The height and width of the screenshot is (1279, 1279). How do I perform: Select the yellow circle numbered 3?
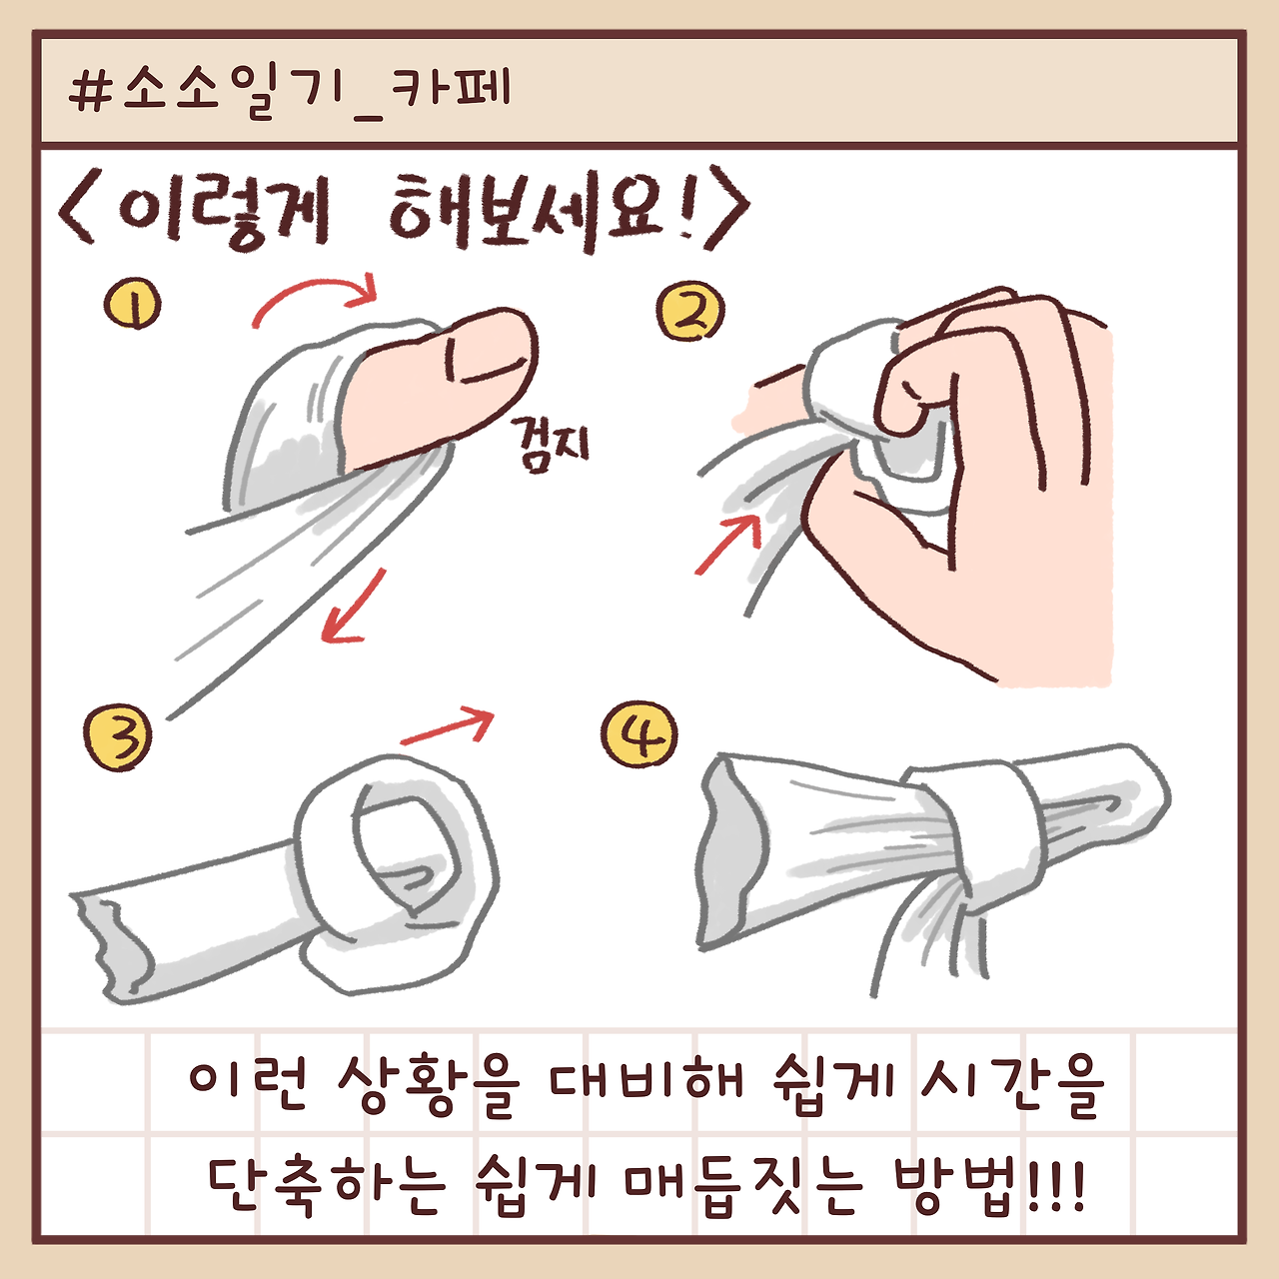coord(118,737)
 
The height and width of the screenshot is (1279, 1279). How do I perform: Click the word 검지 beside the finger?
coord(552,444)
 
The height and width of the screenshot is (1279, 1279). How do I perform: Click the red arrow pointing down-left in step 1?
coord(354,608)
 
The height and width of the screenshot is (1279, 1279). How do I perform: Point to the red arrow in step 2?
coord(727,546)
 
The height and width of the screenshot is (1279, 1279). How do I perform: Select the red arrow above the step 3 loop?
coord(449,725)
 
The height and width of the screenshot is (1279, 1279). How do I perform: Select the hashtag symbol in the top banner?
coord(91,91)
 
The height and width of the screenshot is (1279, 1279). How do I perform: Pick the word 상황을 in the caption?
coord(429,1083)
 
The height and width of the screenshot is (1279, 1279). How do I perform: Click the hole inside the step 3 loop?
coord(405,849)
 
